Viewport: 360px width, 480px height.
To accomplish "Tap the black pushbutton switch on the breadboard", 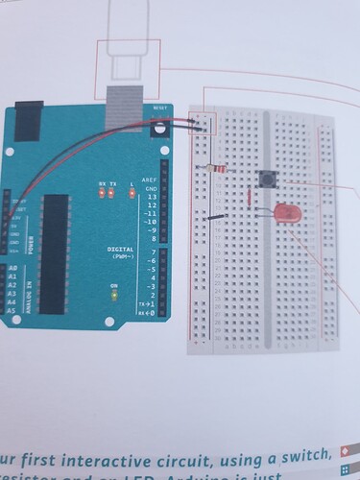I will tap(268, 179).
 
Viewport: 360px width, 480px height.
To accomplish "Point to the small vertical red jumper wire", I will tap(250, 198).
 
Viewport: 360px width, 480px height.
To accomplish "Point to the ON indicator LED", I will tap(113, 296).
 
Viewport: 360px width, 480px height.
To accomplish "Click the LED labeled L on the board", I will tap(132, 192).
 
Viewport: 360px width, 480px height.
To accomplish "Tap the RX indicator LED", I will tap(101, 192).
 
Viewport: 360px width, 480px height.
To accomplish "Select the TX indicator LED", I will tap(112, 192).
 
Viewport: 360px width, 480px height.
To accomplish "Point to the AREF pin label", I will tap(149, 181).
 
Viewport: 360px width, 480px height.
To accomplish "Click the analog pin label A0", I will tap(12, 268).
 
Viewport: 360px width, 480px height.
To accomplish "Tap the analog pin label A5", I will tap(12, 311).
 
